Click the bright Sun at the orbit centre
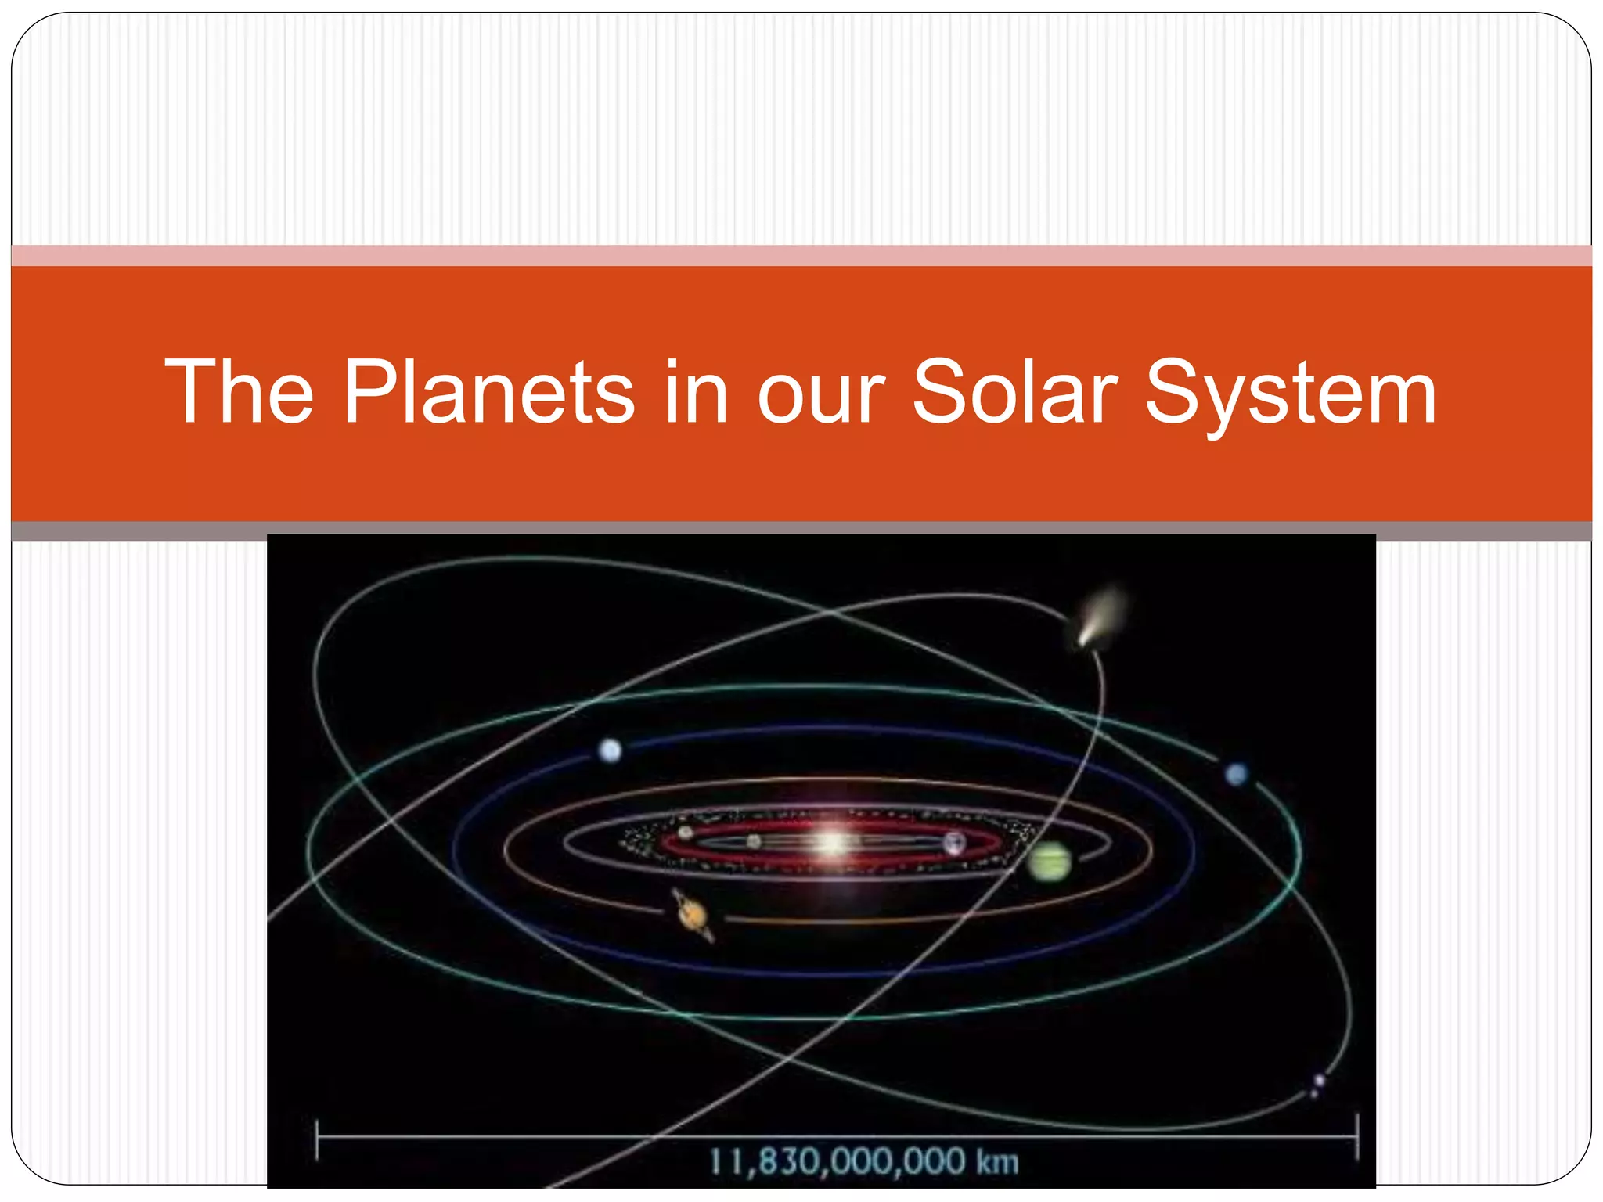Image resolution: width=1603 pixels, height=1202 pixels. click(x=831, y=843)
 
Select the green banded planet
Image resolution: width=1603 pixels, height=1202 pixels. click(x=1049, y=861)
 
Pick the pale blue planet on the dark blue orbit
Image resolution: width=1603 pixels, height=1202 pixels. click(x=610, y=750)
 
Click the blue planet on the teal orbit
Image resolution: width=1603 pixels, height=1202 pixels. click(x=1236, y=775)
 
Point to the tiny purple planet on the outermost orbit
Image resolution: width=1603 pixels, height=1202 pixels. click(x=1319, y=1081)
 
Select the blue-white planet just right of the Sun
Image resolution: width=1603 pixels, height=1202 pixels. click(x=954, y=843)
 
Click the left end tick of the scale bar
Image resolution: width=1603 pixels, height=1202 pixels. click(x=317, y=1139)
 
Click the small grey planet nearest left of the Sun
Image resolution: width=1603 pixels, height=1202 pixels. click(x=754, y=841)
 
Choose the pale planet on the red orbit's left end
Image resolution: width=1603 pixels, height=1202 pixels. click(x=686, y=833)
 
